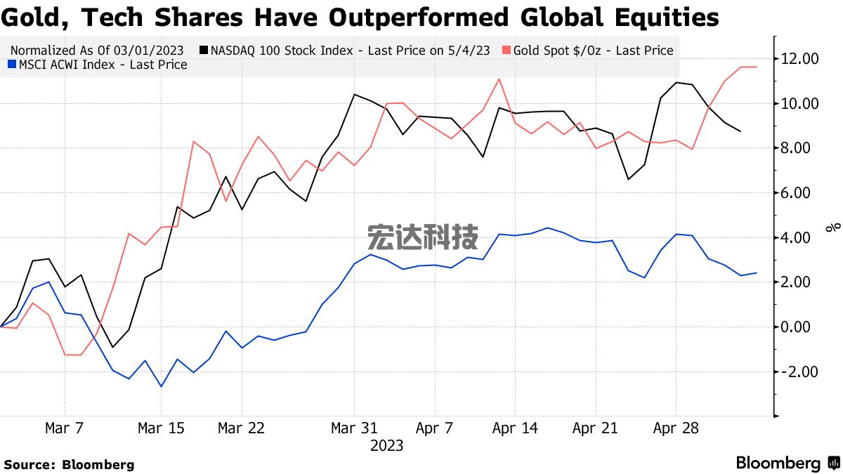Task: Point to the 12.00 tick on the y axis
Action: click(x=801, y=58)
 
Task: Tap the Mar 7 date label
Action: click(x=65, y=428)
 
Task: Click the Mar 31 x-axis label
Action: click(x=354, y=428)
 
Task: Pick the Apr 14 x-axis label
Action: click(x=515, y=428)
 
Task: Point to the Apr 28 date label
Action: click(x=676, y=428)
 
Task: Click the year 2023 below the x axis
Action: click(x=386, y=446)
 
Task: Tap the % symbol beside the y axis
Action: click(x=832, y=228)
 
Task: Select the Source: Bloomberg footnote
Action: click(x=69, y=464)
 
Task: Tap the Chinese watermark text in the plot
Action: click(x=423, y=237)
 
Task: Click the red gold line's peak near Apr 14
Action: click(x=499, y=79)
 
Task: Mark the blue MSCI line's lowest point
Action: click(x=161, y=386)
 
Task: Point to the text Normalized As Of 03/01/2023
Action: click(x=97, y=51)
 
